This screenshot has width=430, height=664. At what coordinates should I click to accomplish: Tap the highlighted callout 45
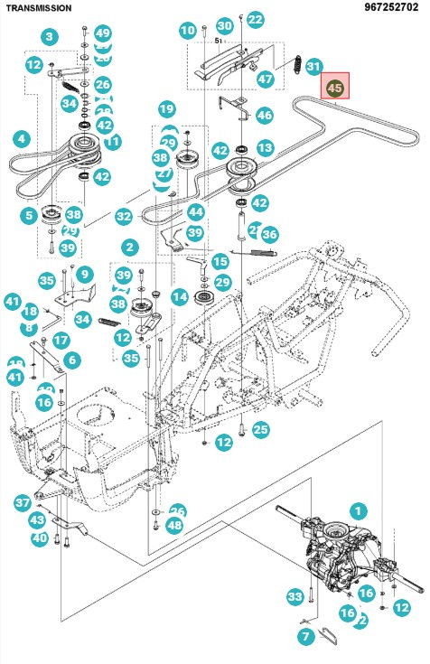point(334,88)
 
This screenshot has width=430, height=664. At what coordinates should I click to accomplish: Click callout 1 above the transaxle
point(359,510)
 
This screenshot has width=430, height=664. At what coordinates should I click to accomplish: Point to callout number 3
point(49,37)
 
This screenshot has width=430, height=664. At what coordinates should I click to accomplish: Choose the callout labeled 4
point(21,139)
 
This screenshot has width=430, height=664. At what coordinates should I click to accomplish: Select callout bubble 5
point(30,216)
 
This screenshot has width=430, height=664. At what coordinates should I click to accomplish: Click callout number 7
point(305,638)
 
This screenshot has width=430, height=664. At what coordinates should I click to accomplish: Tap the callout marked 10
point(187,31)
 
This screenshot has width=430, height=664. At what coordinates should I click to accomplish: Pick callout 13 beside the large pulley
point(265,147)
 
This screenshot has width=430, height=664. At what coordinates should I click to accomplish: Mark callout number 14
point(180,295)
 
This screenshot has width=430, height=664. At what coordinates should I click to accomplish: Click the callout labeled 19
point(166,109)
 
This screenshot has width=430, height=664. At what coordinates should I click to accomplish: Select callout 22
point(256,19)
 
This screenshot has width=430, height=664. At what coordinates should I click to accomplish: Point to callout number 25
point(261,428)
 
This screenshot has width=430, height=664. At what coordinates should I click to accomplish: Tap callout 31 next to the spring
point(313,66)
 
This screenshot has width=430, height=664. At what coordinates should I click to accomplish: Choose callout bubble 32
point(124,217)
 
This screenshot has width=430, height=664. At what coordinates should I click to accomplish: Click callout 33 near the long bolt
point(294,597)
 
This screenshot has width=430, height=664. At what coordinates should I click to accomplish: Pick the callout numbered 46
point(264,115)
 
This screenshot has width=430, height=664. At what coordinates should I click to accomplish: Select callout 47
point(265,79)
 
